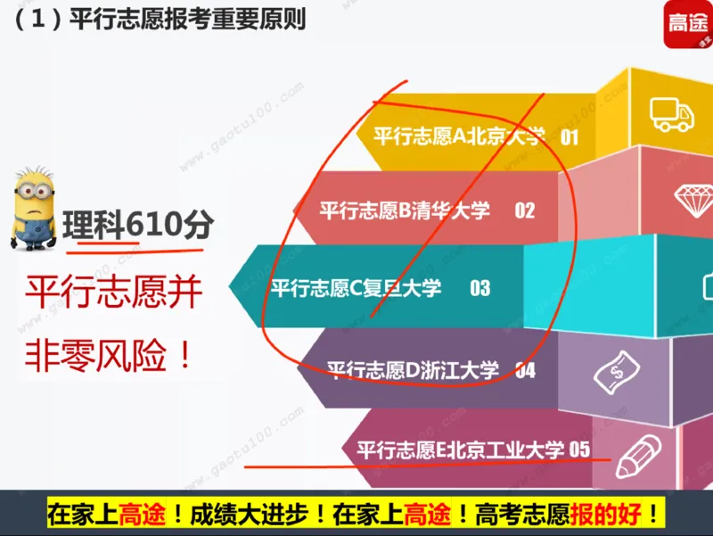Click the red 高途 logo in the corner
pos(688,24)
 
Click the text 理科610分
pos(138,223)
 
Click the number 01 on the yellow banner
pos(570,137)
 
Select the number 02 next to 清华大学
pos(524,210)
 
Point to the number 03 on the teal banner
pos(480,288)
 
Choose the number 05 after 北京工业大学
pos(579,449)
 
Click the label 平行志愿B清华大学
pos(405,210)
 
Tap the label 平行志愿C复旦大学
pos(356,288)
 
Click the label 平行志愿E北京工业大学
pos(461,449)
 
